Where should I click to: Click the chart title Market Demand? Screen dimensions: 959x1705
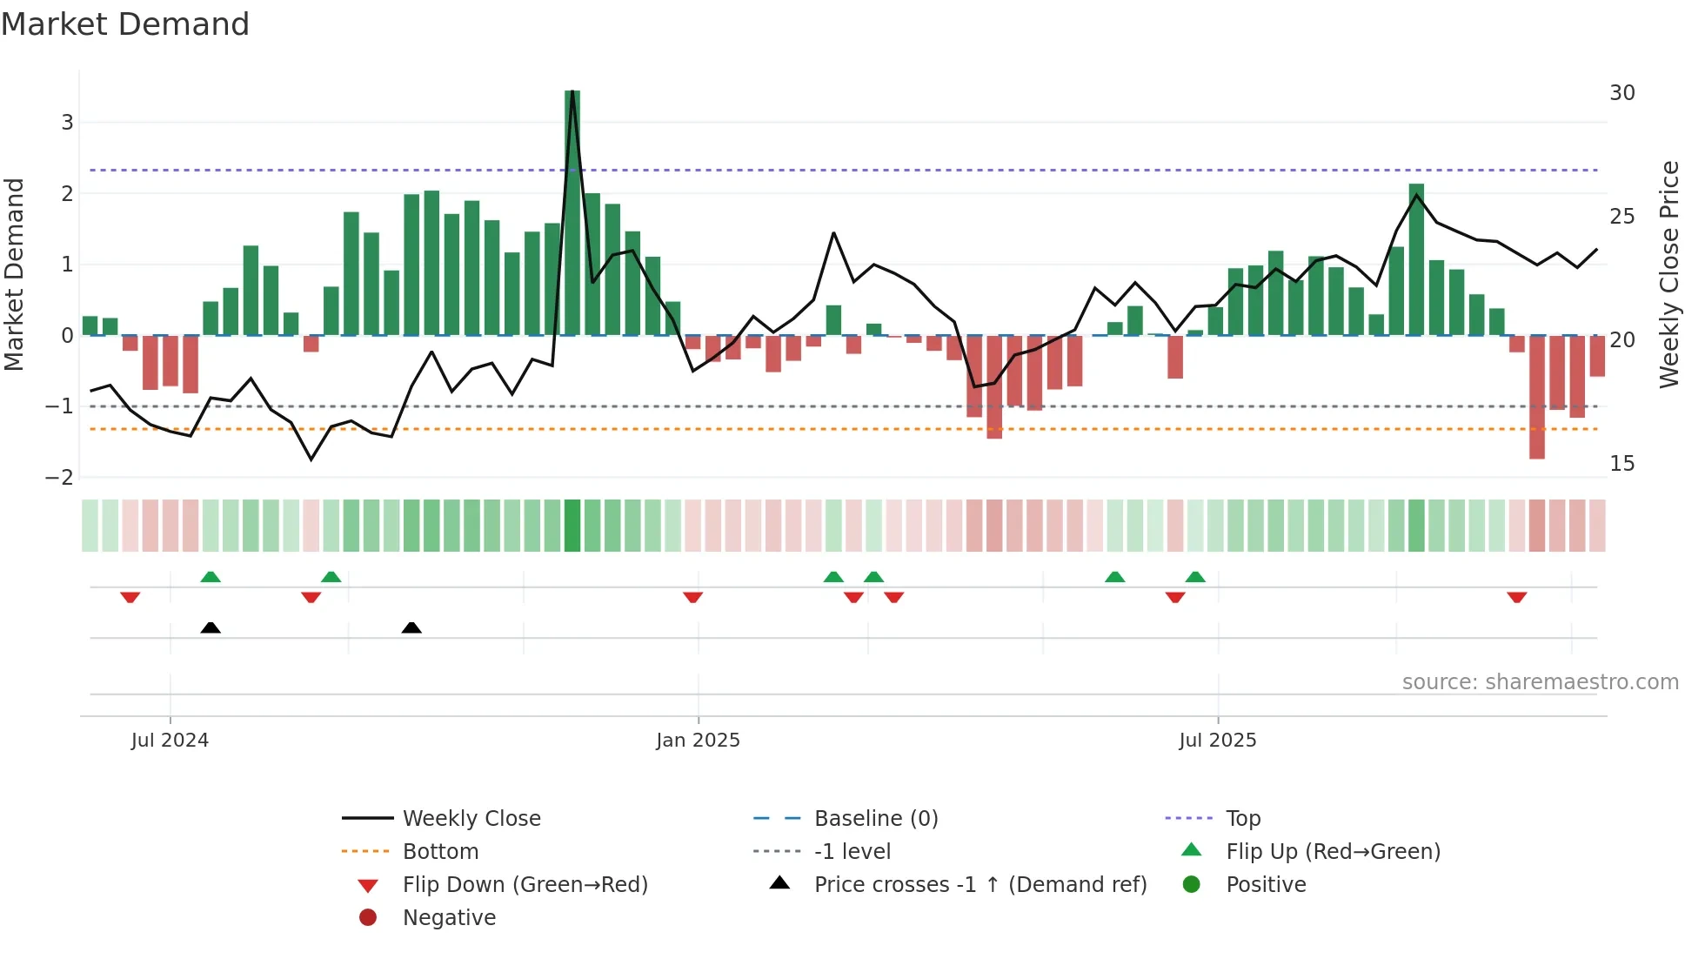point(125,24)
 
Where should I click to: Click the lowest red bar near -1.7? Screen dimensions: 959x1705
point(1536,397)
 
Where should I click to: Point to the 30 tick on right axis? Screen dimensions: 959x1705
point(1621,93)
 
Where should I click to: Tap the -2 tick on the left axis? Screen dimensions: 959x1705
point(60,477)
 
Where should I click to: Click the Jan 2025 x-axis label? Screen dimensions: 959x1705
point(698,741)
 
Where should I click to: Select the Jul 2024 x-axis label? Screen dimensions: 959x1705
point(170,741)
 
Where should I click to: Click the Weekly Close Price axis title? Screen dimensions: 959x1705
point(1668,274)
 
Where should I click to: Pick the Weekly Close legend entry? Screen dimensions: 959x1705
point(471,818)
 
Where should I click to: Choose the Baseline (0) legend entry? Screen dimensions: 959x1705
point(875,818)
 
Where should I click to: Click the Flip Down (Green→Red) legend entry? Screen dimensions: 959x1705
point(525,884)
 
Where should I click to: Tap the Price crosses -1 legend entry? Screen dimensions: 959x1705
point(980,884)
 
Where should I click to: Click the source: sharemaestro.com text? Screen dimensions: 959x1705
point(1540,681)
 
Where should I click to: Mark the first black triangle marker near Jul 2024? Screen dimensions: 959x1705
point(211,627)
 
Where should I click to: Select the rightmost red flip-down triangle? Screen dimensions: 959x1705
point(1516,597)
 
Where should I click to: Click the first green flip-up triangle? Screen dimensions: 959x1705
point(211,576)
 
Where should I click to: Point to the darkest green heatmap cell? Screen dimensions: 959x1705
point(572,526)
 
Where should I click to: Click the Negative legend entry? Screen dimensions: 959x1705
point(448,917)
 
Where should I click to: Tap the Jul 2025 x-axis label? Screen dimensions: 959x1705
point(1217,741)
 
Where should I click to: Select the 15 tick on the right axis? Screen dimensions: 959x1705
point(1621,463)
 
